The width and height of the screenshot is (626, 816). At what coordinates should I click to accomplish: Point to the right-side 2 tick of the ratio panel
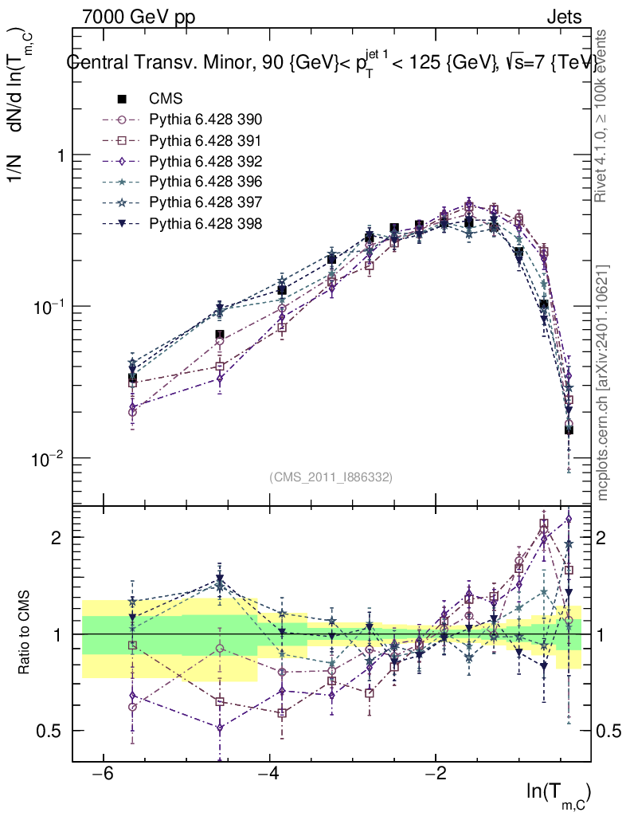(x=606, y=538)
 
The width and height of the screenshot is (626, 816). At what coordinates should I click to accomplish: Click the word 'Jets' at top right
(x=565, y=17)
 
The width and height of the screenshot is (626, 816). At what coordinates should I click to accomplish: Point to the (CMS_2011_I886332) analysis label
(x=331, y=477)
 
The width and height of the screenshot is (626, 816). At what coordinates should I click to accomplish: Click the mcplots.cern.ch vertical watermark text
(x=603, y=382)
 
